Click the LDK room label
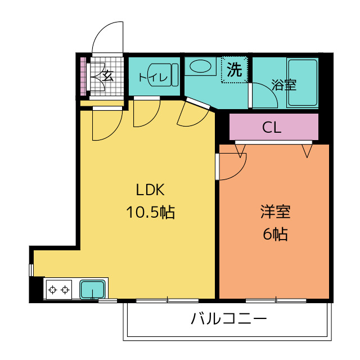click(x=150, y=190)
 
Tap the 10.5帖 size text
click(x=150, y=211)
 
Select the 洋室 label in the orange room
click(x=275, y=211)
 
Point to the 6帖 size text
click(x=275, y=234)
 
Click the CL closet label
click(x=272, y=127)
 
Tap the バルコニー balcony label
click(x=229, y=318)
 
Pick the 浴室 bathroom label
click(x=283, y=85)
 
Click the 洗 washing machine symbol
click(x=235, y=70)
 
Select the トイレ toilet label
click(x=153, y=78)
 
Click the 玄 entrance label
click(x=107, y=75)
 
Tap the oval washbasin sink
click(x=200, y=66)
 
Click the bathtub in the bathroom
click(x=303, y=83)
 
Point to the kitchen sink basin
click(x=92, y=289)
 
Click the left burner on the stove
click(x=53, y=290)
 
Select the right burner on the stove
click(x=65, y=290)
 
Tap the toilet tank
click(x=175, y=75)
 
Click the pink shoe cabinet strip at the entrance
click(x=83, y=76)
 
